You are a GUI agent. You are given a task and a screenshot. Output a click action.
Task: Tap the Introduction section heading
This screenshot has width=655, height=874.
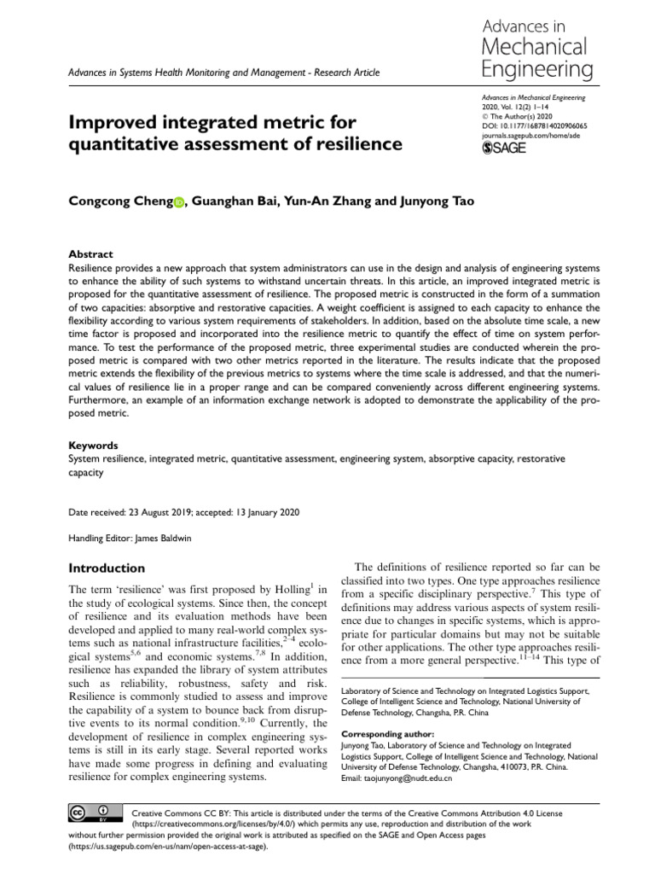point(106,568)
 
